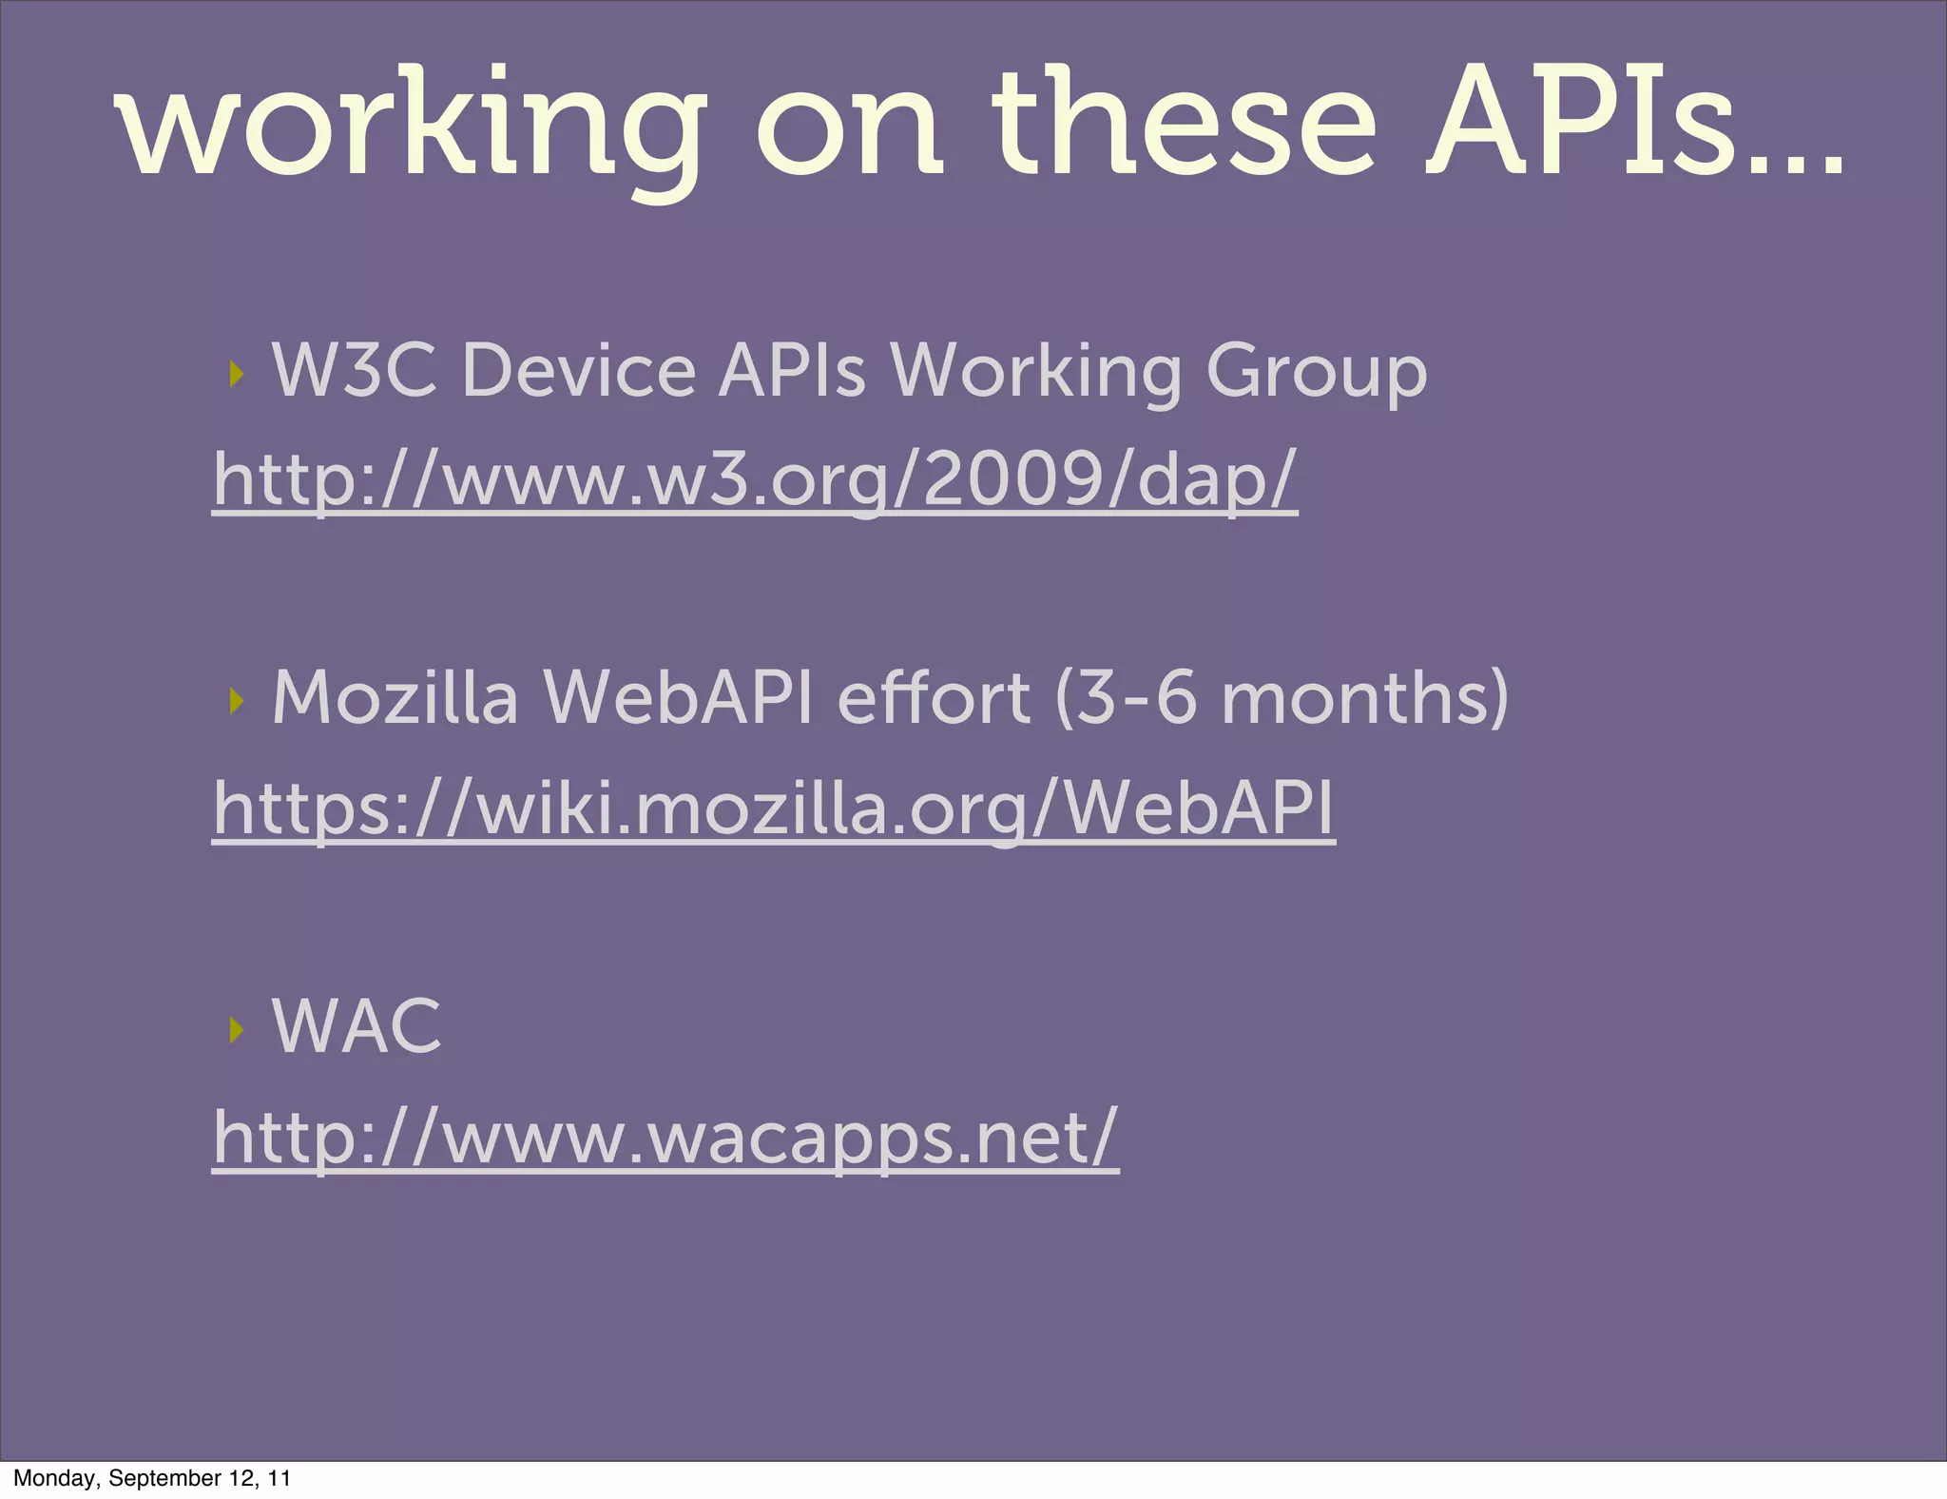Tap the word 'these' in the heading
pyautogui.click(x=1183, y=124)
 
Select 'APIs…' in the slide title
pyautogui.click(x=1635, y=124)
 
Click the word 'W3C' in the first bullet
pyautogui.click(x=355, y=370)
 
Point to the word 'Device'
pyautogui.click(x=579, y=370)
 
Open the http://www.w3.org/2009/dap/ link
pyautogui.click(x=755, y=479)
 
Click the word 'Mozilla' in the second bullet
pyautogui.click(x=395, y=698)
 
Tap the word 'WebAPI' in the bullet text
pyautogui.click(x=678, y=698)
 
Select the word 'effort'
pyautogui.click(x=933, y=698)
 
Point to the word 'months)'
pyautogui.click(x=1365, y=698)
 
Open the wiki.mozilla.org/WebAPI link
pyautogui.click(x=773, y=808)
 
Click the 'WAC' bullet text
pyautogui.click(x=357, y=1026)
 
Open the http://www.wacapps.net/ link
pyautogui.click(x=665, y=1137)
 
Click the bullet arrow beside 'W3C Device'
pyautogui.click(x=237, y=374)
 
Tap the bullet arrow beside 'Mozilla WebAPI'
pyautogui.click(x=237, y=702)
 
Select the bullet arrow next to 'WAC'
pyautogui.click(x=237, y=1029)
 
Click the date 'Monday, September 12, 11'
pyautogui.click(x=152, y=1478)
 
